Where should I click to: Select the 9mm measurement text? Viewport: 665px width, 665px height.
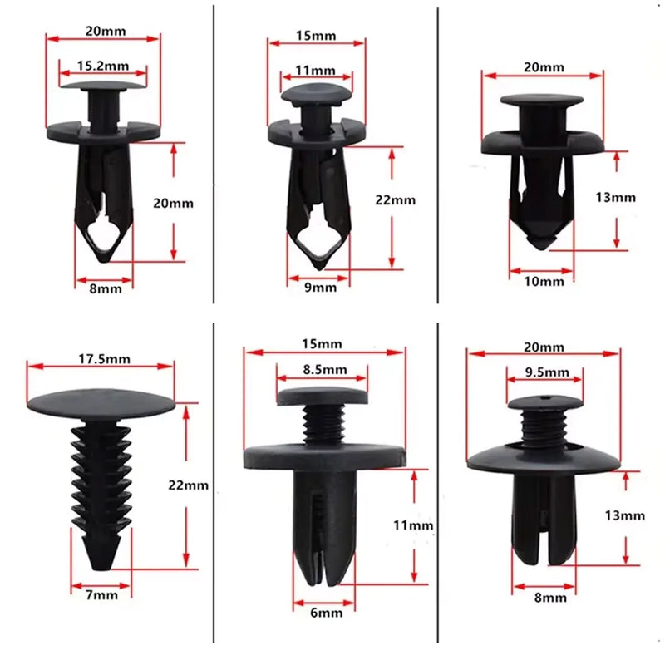319,288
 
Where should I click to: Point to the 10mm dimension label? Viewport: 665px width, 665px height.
544,282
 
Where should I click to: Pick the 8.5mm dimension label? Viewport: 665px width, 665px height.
323,369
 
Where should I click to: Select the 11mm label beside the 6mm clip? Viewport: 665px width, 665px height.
413,525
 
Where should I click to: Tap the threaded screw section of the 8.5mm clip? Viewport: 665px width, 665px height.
323,426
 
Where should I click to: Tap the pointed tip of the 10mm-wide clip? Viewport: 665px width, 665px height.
541,241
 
